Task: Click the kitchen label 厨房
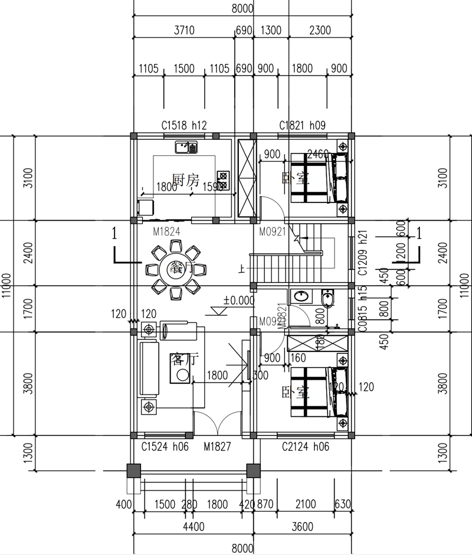click(x=185, y=180)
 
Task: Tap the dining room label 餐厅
click(x=181, y=267)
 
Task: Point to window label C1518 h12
click(x=184, y=125)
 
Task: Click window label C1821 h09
click(x=302, y=125)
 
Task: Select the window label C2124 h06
click(x=305, y=447)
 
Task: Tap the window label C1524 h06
click(x=165, y=447)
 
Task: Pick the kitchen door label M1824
click(x=166, y=232)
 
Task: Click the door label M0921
click(x=272, y=232)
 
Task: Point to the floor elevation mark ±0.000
click(x=238, y=300)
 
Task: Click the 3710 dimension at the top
click(x=184, y=30)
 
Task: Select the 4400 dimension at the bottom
click(x=194, y=527)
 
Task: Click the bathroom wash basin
click(x=301, y=295)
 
